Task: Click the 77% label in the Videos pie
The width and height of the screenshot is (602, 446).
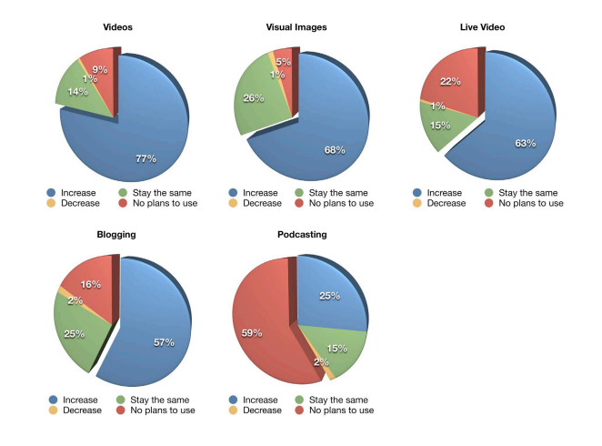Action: coord(145,158)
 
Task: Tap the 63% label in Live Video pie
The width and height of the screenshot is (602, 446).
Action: coord(524,143)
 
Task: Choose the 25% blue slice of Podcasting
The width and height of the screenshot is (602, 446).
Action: coord(329,295)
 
